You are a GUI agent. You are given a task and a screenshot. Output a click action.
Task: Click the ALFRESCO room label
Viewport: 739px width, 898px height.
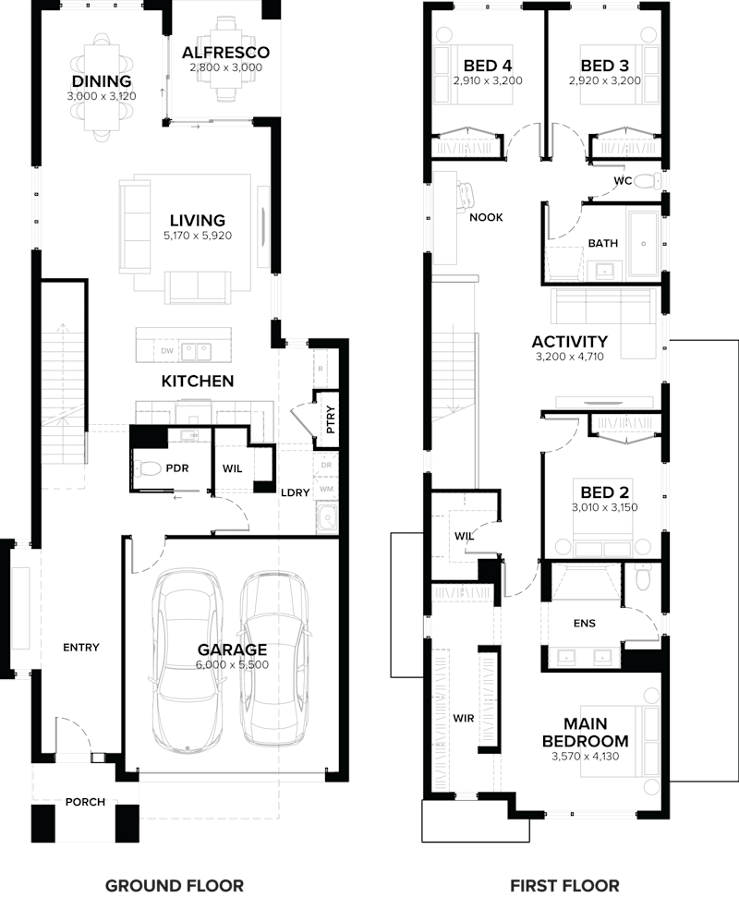(x=225, y=53)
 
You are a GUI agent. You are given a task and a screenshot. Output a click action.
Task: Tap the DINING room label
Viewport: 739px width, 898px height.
(x=102, y=81)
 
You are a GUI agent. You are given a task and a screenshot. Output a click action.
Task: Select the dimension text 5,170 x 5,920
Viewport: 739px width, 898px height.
(x=197, y=236)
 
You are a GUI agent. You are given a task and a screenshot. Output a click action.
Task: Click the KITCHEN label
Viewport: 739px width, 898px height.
(x=198, y=381)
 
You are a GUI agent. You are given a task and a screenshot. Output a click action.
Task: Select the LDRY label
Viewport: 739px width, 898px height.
(x=295, y=492)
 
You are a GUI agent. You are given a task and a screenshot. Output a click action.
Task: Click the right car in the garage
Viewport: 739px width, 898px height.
(x=273, y=661)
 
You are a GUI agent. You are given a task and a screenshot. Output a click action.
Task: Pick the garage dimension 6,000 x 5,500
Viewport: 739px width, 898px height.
(x=231, y=664)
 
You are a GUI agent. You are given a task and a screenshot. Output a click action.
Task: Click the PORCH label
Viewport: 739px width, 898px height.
(x=84, y=802)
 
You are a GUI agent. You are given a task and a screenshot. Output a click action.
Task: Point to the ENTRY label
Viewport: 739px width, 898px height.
(x=80, y=648)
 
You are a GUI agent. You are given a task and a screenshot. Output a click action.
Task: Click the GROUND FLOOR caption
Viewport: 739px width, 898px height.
(x=174, y=885)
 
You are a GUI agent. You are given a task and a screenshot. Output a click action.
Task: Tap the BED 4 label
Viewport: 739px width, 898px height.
(x=488, y=66)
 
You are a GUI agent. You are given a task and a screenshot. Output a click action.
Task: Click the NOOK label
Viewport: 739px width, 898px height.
(x=486, y=217)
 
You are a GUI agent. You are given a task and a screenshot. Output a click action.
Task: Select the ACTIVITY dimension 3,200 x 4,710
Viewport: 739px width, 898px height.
(x=569, y=356)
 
